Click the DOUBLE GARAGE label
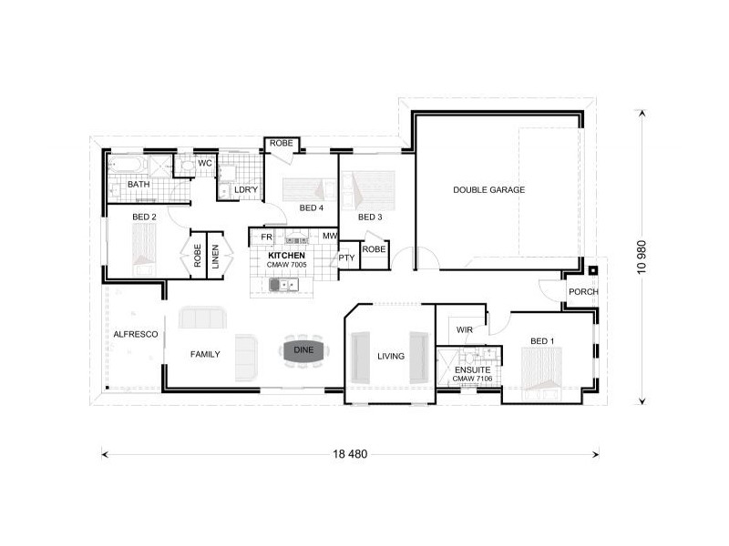click(x=489, y=190)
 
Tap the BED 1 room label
click(x=541, y=341)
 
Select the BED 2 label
click(x=145, y=217)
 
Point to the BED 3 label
click(x=369, y=217)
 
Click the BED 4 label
click(x=311, y=208)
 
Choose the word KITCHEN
click(x=286, y=256)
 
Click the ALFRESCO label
click(x=136, y=335)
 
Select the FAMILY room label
click(x=204, y=354)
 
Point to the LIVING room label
click(x=391, y=356)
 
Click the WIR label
click(x=463, y=329)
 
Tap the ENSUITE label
click(x=472, y=371)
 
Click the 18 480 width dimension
click(x=351, y=453)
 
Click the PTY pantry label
click(x=346, y=258)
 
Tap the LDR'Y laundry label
click(x=246, y=189)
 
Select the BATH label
click(x=139, y=185)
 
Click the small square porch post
click(x=593, y=269)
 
